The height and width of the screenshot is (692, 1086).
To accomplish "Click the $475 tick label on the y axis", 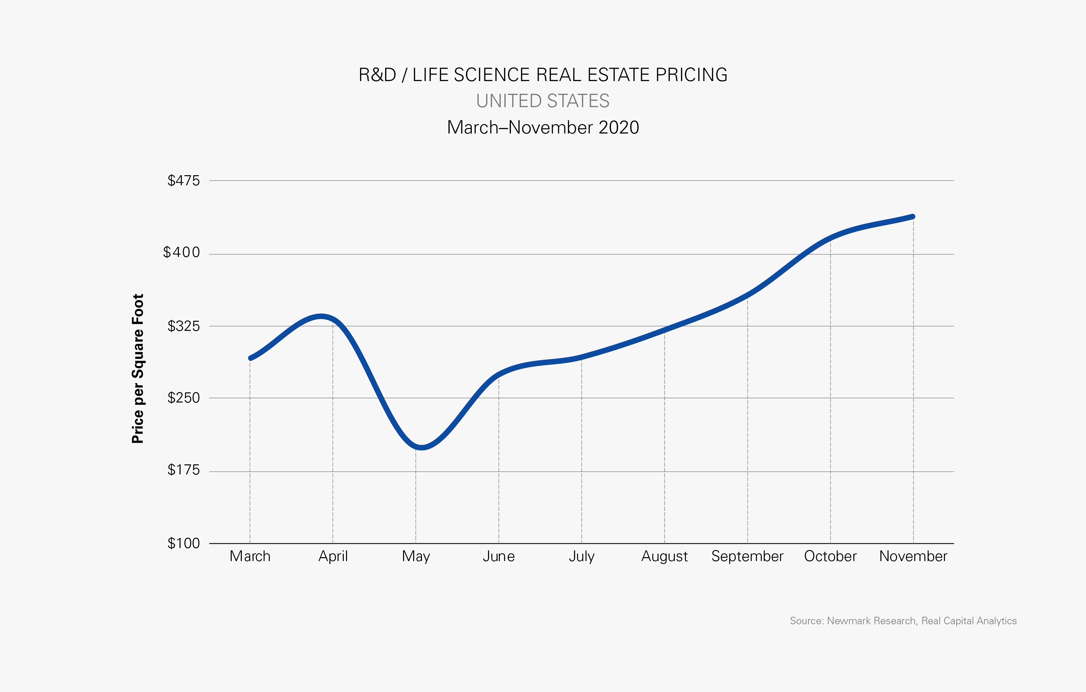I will (183, 181).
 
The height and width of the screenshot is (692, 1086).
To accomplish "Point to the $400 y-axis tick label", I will (181, 252).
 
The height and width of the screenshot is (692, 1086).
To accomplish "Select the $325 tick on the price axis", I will (183, 326).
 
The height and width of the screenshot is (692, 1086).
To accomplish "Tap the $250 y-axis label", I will (183, 398).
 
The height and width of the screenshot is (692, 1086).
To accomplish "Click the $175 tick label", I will (183, 470).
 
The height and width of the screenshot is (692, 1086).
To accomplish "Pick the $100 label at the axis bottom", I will (183, 543).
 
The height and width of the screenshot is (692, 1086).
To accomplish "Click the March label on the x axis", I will (250, 556).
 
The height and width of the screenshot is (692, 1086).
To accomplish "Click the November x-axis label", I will (913, 556).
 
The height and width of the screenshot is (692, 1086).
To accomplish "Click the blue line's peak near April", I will (321, 317).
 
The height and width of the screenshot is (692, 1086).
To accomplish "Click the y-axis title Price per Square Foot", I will (138, 368).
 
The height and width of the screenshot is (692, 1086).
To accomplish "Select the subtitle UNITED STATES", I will (543, 101).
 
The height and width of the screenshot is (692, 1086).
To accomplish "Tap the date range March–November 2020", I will (543, 128).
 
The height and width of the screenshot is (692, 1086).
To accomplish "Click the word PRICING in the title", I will (691, 75).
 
